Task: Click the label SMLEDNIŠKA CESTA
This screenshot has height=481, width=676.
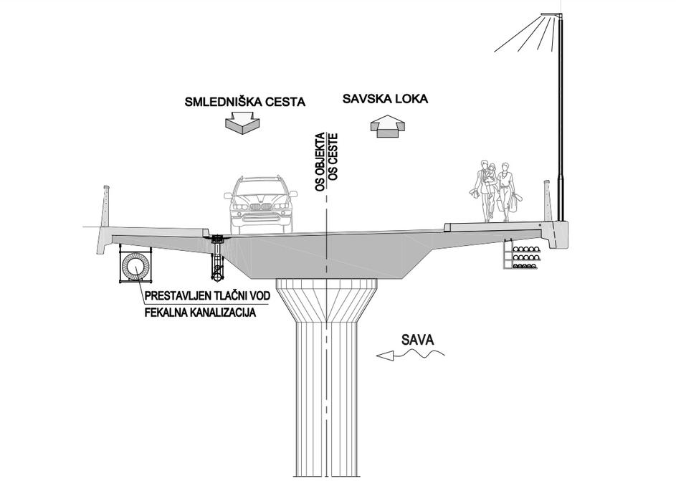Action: pyautogui.click(x=244, y=102)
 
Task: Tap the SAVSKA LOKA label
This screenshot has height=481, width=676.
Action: pyautogui.click(x=385, y=99)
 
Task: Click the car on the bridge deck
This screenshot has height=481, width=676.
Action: pyautogui.click(x=261, y=204)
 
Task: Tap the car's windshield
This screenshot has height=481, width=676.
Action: pyautogui.click(x=261, y=188)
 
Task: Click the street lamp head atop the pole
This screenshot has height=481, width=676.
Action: pyautogui.click(x=551, y=14)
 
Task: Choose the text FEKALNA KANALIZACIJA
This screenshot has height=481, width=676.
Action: pyautogui.click(x=200, y=313)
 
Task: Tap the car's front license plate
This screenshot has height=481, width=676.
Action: pyautogui.click(x=261, y=218)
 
